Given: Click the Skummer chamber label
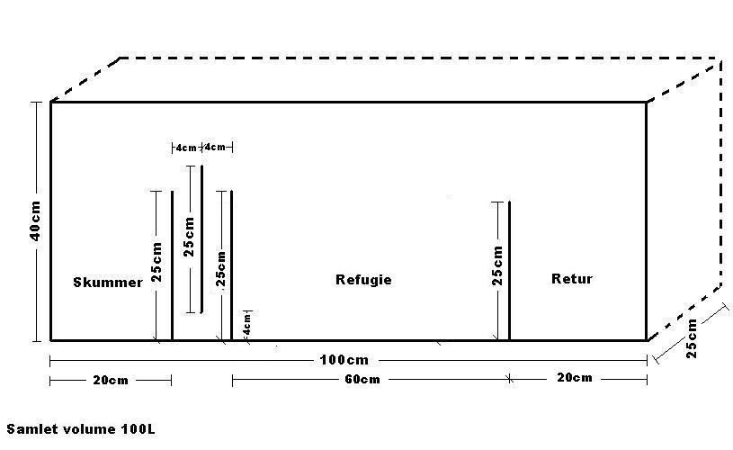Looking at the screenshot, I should [x=108, y=283].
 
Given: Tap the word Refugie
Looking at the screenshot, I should [x=363, y=280].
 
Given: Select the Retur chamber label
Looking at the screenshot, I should [x=572, y=279].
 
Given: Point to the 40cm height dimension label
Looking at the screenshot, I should [x=34, y=220].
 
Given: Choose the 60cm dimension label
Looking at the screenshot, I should [x=361, y=380].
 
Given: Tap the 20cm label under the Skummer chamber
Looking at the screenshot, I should [x=110, y=381].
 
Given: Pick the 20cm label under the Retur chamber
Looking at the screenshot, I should [x=574, y=378].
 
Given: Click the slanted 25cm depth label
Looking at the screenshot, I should [x=691, y=337].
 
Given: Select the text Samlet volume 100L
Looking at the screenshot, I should [x=74, y=430].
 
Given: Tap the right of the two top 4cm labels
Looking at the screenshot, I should [x=217, y=147].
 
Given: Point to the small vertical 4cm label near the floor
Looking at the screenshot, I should [x=247, y=322].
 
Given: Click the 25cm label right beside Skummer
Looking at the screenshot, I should [x=157, y=262].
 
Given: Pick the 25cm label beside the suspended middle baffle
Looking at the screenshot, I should [x=189, y=237].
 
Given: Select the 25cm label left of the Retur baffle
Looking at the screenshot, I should [x=497, y=265].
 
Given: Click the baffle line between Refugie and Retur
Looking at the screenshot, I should [x=509, y=270].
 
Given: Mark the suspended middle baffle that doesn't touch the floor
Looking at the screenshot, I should [x=201, y=239].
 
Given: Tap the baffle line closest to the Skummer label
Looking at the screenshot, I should [x=172, y=265].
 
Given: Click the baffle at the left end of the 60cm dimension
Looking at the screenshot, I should [x=231, y=265].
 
